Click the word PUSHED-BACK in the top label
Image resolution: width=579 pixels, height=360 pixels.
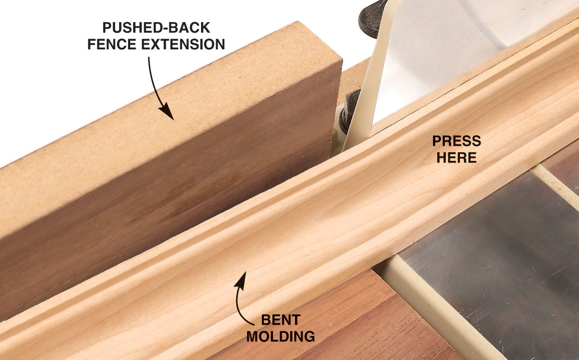(156, 28)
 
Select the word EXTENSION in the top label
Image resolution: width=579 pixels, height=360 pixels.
(183, 44)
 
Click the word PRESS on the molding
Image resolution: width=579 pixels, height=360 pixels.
(456, 141)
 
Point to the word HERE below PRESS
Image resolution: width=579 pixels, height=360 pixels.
(456, 158)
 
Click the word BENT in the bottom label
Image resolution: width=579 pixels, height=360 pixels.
(280, 320)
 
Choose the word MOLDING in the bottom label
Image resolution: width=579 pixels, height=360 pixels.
(280, 336)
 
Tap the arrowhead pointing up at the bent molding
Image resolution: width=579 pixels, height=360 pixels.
(240, 279)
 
